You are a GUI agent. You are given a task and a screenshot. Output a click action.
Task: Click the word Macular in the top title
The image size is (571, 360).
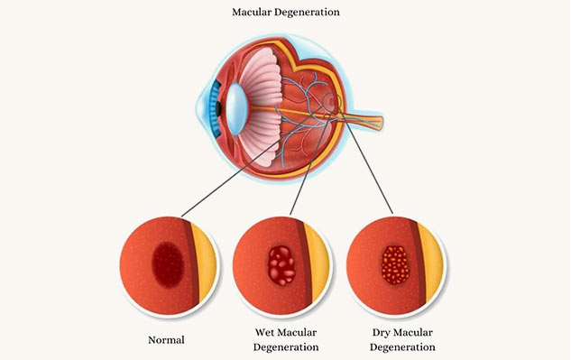[x=254, y=14]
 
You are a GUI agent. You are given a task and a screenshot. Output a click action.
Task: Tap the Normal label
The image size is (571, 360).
[x=166, y=340]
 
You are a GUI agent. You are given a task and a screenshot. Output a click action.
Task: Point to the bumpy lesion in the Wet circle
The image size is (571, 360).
[x=281, y=265]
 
